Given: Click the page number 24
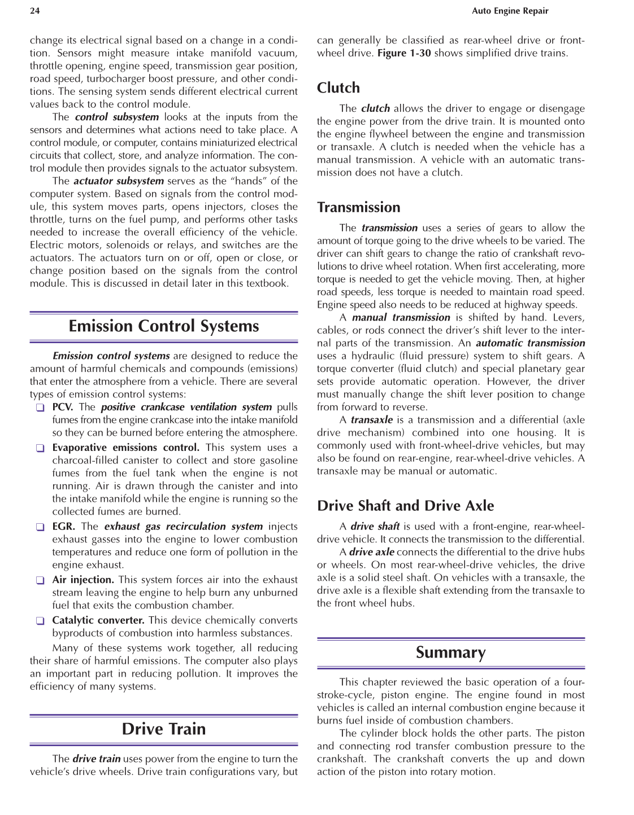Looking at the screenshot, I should point(34,11).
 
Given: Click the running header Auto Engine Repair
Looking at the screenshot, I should point(510,11).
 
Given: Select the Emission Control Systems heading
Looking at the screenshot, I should point(164,326).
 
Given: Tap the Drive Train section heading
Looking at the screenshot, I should point(164,729).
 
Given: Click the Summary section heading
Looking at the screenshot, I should point(450,652).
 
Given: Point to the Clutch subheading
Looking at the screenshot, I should point(338,88).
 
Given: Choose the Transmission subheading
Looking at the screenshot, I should point(358,208).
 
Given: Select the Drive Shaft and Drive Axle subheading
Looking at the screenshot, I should point(405,506).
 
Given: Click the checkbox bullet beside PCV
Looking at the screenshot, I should point(40,407).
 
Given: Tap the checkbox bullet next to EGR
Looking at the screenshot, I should point(40,527).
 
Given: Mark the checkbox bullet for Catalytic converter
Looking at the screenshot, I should point(40,621).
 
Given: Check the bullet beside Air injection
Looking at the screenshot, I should point(40,580).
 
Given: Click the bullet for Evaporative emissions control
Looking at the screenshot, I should point(40,448).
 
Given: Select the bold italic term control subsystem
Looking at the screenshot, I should point(117,117).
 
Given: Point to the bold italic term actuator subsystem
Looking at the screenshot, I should point(119,181).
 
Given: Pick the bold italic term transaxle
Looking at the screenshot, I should point(371,420).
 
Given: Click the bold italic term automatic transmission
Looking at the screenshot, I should point(530,343).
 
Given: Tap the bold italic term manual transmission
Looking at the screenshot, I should point(401,318).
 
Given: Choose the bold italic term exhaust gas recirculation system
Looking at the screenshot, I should point(184,527).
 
